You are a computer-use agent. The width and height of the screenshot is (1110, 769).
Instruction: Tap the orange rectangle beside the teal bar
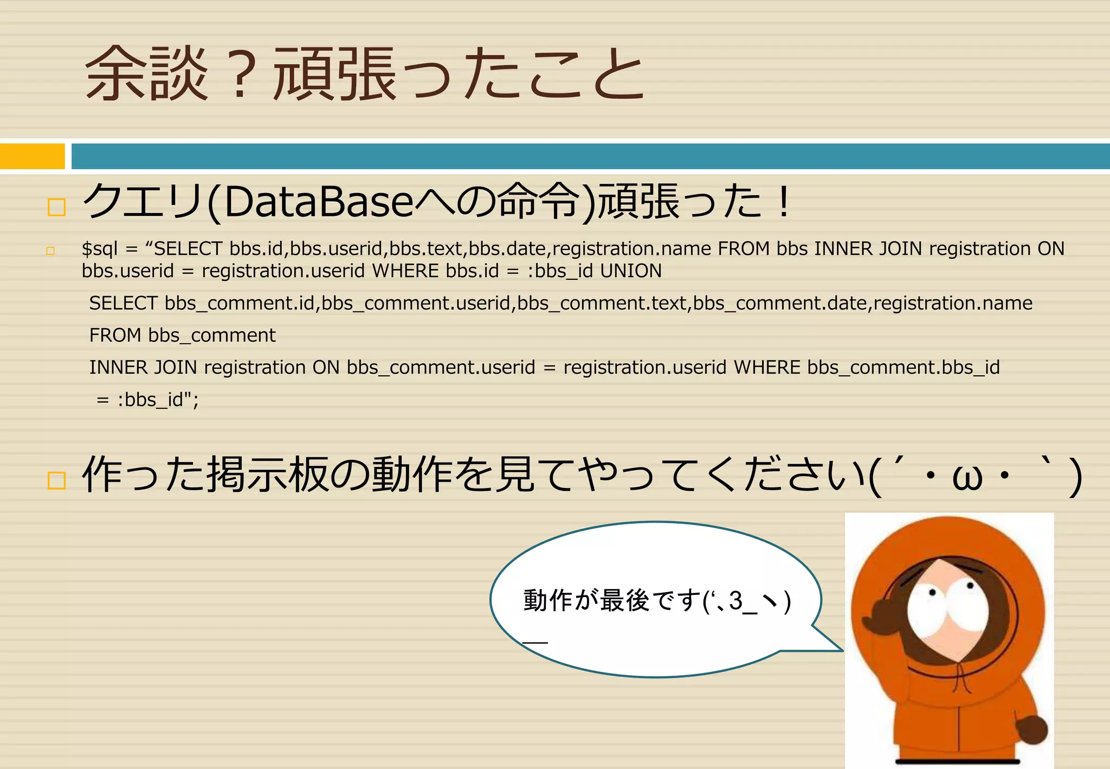pos(32,156)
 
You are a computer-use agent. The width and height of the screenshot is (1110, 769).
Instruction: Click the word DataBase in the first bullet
pos(319,202)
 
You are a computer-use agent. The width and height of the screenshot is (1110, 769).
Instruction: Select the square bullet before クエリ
pos(56,207)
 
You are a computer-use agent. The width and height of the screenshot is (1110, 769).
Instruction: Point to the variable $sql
pos(99,248)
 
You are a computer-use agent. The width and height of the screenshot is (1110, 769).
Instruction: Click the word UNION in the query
pos(631,271)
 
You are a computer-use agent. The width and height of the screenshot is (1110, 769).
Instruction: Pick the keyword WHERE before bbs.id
pos(405,271)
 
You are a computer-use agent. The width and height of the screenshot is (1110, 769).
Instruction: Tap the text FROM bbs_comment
pos(182,335)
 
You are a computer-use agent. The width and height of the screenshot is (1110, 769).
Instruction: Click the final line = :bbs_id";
pos(147,400)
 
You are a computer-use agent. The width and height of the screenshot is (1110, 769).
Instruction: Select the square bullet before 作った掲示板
pos(56,480)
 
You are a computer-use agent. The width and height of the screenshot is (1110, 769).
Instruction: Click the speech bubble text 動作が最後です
pos(612,600)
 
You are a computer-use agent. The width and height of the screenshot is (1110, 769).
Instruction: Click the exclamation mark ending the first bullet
pos(783,201)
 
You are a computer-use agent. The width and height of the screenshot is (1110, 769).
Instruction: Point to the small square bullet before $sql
pos(50,251)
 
